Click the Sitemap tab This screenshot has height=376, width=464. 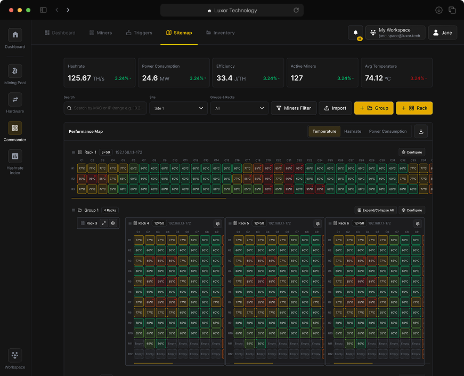point(178,33)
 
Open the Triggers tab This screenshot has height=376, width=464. point(139,33)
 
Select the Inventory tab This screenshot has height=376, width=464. point(220,33)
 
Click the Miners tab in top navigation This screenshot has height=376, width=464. point(101,33)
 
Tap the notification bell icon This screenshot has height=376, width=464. point(355,33)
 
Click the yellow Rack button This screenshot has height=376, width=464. point(414,108)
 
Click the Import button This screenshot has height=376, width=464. point(335,108)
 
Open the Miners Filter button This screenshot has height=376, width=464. point(294,108)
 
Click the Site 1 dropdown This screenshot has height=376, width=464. point(178,108)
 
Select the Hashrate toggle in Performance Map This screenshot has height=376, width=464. point(352,131)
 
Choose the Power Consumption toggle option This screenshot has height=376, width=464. point(387,131)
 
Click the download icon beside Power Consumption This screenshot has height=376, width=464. point(421,131)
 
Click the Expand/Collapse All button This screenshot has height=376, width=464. point(376,210)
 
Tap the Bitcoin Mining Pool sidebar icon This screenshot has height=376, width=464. point(15,71)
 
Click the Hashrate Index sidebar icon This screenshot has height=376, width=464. point(15,156)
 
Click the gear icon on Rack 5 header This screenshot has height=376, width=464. point(318,223)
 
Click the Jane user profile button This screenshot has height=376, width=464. point(442,33)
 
